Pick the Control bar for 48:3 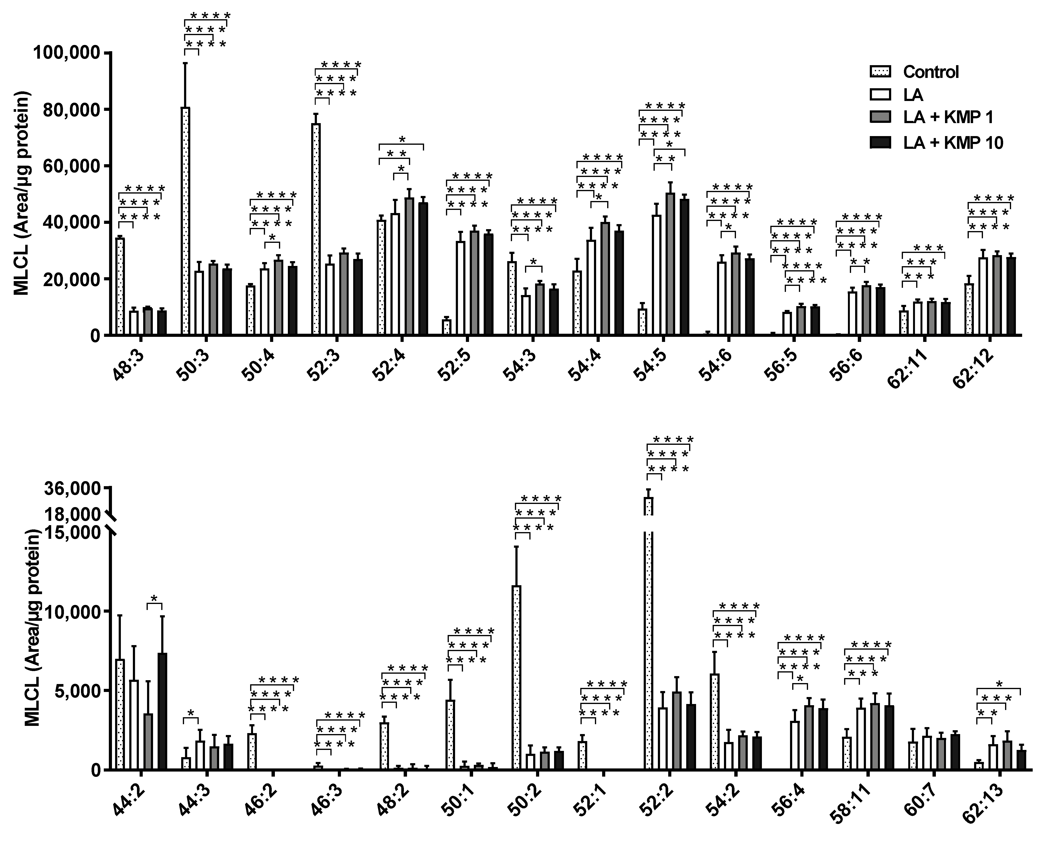tap(120, 286)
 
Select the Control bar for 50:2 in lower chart tap(517, 677)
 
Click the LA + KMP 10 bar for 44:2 tap(162, 711)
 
